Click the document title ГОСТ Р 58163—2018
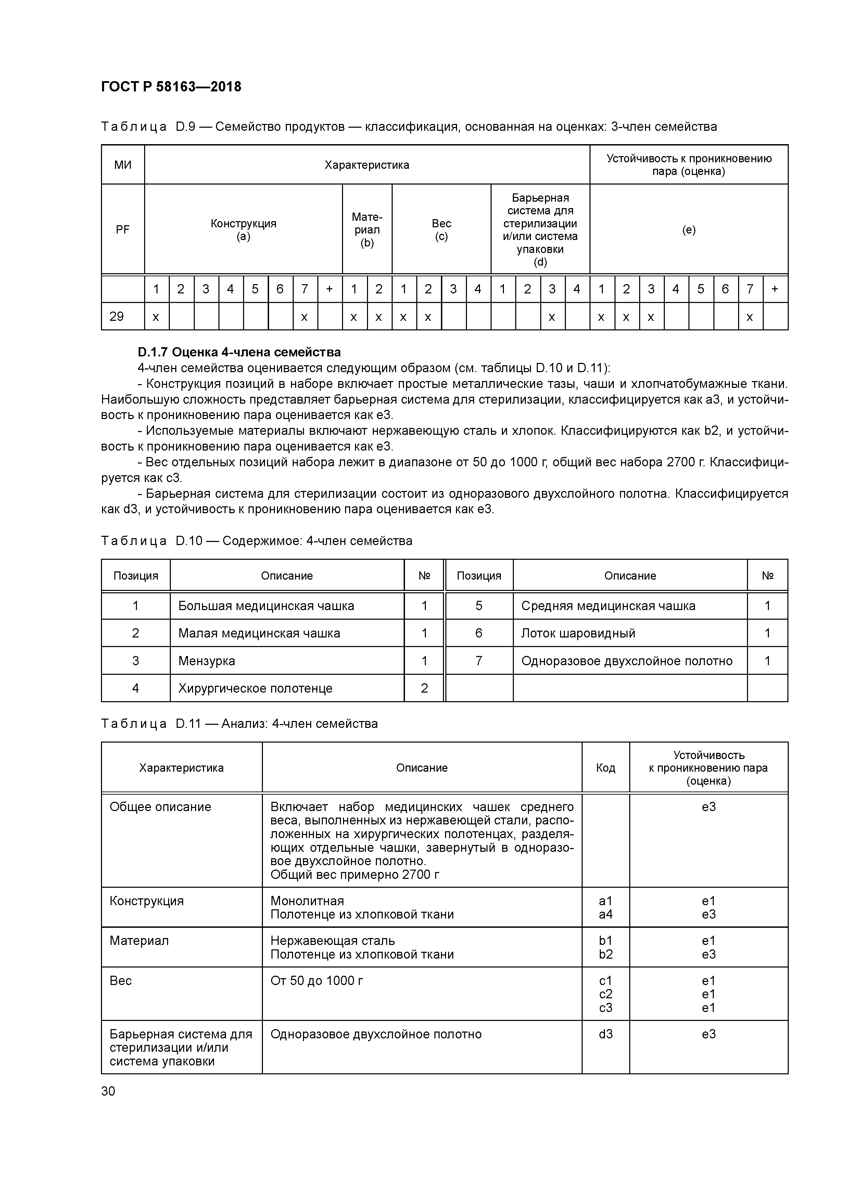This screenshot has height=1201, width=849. coord(171,87)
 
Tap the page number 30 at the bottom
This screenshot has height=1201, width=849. coord(108,1091)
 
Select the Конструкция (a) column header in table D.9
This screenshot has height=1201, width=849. coord(243,230)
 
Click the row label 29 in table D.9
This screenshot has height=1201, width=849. coord(117,316)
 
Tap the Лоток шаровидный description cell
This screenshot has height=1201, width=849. coord(578,633)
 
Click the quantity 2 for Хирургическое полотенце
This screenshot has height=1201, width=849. coord(424,688)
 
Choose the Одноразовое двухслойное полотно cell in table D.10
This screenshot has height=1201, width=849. coord(627,661)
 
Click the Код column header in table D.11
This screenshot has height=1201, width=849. coord(605,768)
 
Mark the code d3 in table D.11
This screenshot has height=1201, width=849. coord(605,1034)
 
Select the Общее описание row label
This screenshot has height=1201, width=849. coord(160,807)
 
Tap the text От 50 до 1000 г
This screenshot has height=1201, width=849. coord(316,981)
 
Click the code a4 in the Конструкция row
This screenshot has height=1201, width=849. coord(605,914)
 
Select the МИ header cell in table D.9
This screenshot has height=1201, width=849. coord(123,165)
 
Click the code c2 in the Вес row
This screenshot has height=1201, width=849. coord(605,994)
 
